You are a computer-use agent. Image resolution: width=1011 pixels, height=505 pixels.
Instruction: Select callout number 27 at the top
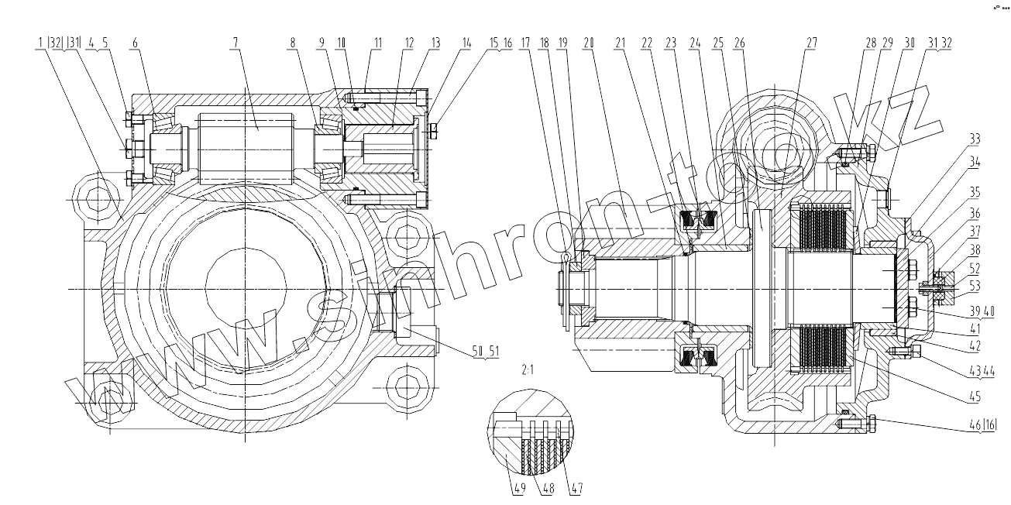coord(810,43)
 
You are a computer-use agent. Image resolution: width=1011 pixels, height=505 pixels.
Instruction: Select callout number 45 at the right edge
coord(974,397)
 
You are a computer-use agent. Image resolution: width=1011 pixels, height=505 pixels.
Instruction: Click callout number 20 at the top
coord(588,43)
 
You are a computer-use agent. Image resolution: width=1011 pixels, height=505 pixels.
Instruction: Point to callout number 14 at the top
coord(465,43)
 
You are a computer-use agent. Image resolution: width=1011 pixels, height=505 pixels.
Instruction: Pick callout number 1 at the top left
coord(39,43)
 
